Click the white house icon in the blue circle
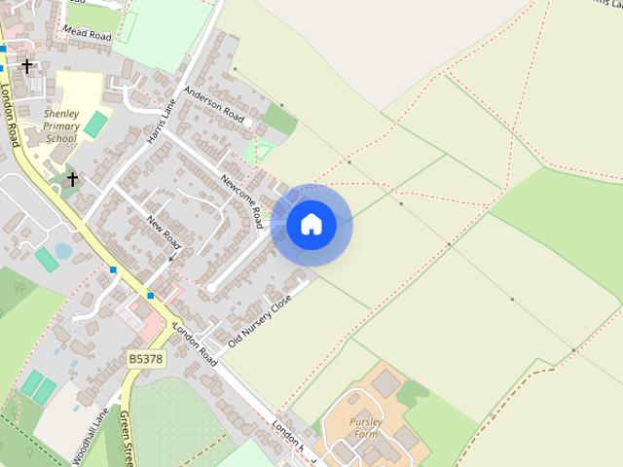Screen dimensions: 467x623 pyautogui.click(x=311, y=225)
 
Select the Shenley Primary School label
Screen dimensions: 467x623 pyautogui.click(x=62, y=126)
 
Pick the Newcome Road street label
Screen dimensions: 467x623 pyautogui.click(x=241, y=198)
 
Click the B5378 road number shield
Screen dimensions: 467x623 pyautogui.click(x=146, y=359)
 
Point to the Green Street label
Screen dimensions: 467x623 pyautogui.click(x=126, y=438)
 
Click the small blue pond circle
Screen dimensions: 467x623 pyautogui.click(x=63, y=251)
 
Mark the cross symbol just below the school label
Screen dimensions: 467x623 pyautogui.click(x=72, y=179)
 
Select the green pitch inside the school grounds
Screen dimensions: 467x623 pyautogui.click(x=95, y=125)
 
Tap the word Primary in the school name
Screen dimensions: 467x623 pyautogui.click(x=62, y=126)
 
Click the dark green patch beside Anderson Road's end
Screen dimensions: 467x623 pyautogui.click(x=280, y=120)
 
